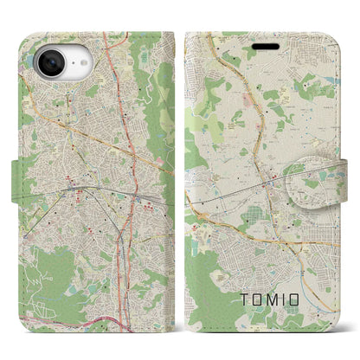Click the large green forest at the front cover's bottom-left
tap(203, 286)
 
